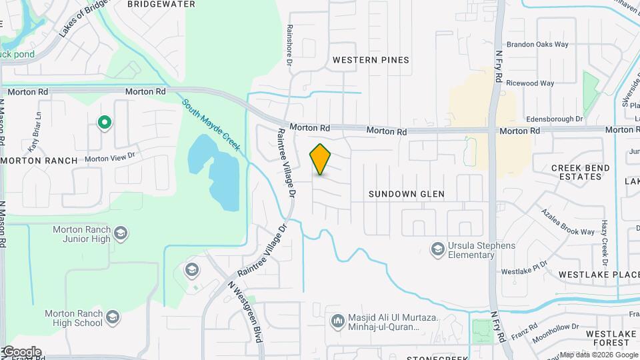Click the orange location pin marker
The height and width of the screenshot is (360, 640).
tap(321, 159)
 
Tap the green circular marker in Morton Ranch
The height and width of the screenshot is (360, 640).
tap(104, 122)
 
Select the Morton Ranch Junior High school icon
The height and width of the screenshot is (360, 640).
tap(120, 233)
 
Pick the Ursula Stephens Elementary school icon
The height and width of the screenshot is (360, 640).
tap(437, 249)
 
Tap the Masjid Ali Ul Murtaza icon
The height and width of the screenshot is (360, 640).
tap(337, 321)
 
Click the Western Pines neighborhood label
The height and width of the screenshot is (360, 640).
tap(371, 60)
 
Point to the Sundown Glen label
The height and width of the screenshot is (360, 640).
tap(406, 194)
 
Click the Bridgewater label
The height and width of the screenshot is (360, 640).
tap(161, 4)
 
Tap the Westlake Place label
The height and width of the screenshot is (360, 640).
tap(599, 275)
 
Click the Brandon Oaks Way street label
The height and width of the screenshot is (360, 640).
tap(537, 45)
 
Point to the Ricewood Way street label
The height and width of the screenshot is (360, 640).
tap(530, 83)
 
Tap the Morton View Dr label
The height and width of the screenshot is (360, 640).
tap(109, 157)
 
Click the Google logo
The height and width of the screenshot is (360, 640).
tap(22, 351)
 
